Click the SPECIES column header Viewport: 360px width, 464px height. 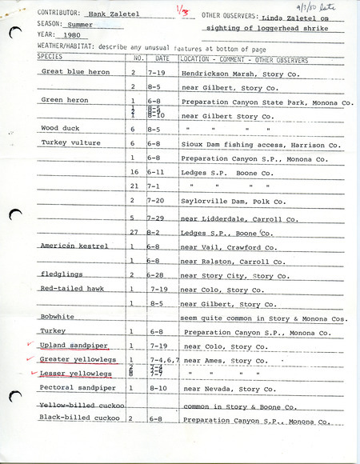tap(50, 58)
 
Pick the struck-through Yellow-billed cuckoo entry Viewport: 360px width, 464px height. tap(78, 406)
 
